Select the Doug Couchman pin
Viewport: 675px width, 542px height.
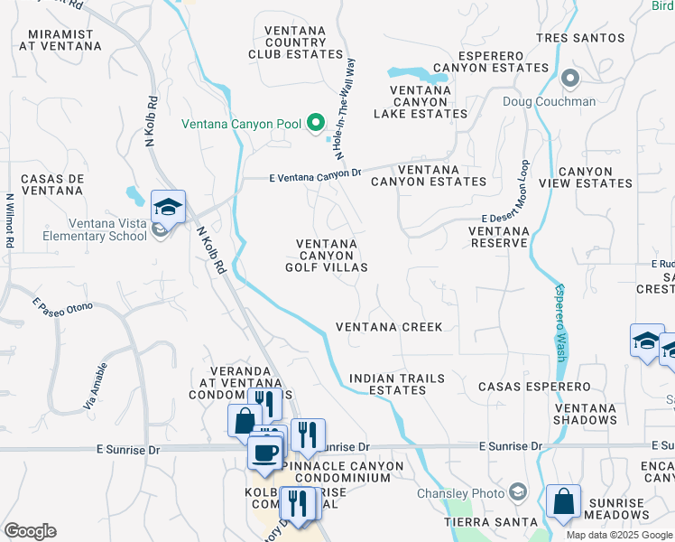(x=570, y=79)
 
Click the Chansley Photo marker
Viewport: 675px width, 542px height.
(x=518, y=492)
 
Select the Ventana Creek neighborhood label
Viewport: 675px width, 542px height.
(x=389, y=327)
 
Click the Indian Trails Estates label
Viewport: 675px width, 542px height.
(x=387, y=384)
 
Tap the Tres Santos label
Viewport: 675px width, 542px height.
(x=579, y=38)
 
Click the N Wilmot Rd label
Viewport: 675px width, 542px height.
(x=10, y=220)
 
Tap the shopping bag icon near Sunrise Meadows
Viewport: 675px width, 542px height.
(x=563, y=503)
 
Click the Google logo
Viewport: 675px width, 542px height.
(x=30, y=531)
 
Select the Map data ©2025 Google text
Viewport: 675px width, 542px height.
(x=618, y=535)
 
